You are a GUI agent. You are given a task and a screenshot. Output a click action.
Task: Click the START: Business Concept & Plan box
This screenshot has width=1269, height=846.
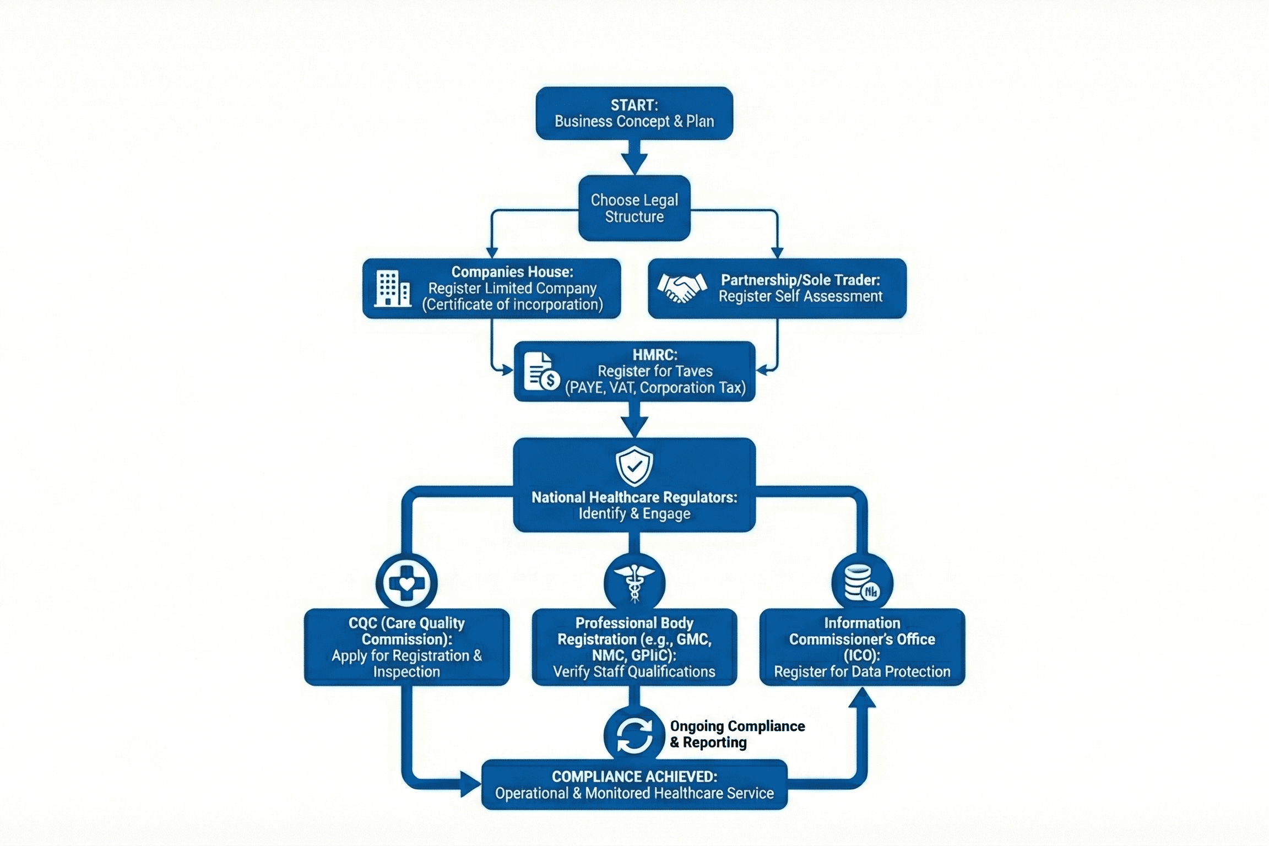634,113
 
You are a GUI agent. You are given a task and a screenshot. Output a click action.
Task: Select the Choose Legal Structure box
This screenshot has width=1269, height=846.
634,208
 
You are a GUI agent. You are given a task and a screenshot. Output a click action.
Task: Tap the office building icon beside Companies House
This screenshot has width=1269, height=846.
393,288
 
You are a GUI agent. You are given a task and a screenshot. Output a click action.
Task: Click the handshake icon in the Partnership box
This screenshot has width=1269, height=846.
682,288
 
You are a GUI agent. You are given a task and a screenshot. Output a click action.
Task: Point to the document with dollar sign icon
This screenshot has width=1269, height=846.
541,372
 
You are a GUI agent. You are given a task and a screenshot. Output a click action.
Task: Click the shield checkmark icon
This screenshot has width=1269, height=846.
634,466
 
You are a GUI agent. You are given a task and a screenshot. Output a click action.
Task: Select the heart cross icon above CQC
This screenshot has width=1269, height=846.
406,583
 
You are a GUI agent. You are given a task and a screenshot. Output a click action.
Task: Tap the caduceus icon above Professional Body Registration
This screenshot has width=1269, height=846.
634,583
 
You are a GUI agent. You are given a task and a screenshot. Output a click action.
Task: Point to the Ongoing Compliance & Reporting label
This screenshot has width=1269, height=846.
737,734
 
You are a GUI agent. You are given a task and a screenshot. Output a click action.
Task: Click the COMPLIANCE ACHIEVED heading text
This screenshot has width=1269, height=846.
634,777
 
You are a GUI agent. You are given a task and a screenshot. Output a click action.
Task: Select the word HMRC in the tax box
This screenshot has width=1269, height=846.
654,355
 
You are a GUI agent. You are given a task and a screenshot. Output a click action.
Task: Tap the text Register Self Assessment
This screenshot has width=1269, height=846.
800,296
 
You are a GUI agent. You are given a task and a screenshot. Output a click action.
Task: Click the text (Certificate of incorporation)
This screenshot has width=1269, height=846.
512,305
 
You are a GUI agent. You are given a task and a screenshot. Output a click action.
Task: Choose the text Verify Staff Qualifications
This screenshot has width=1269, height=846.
634,672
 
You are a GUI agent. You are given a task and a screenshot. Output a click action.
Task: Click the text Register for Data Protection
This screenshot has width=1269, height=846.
862,672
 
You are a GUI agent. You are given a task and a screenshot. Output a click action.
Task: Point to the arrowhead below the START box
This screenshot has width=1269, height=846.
634,164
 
